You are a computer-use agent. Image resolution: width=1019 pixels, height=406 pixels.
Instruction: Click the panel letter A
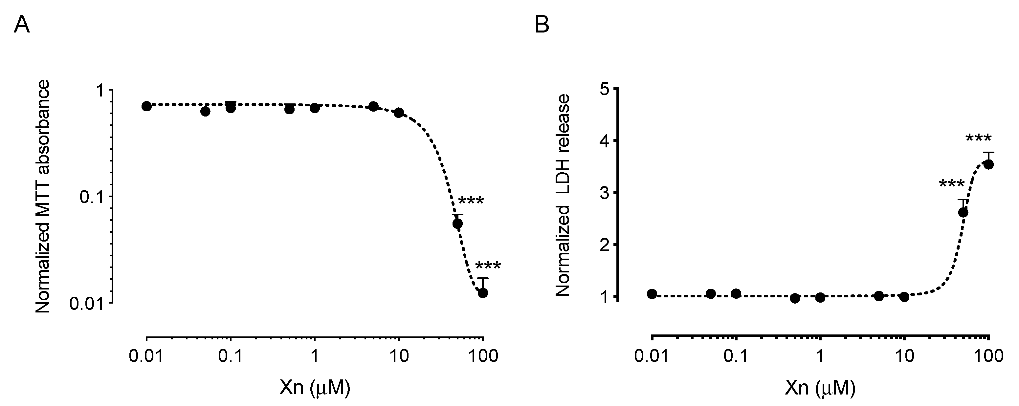coord(22,26)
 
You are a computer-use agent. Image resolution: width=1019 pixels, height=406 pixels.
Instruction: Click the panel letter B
coord(542,26)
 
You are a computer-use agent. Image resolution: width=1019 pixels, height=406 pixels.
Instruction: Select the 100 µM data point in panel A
coord(483,293)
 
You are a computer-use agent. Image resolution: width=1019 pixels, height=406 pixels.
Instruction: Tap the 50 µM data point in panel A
coord(458,224)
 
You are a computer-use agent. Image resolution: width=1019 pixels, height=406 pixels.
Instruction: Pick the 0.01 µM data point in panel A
coord(147,106)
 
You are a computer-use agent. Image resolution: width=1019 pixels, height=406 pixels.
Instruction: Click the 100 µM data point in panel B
coord(988,164)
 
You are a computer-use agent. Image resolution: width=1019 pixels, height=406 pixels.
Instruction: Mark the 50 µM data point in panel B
coord(963,212)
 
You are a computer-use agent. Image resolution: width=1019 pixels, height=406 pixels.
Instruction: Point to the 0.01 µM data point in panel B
coord(652,293)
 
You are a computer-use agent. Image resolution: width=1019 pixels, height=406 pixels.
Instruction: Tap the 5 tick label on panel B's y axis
coord(605,89)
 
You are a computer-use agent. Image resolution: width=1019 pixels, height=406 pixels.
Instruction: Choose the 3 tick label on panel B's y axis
coord(605,193)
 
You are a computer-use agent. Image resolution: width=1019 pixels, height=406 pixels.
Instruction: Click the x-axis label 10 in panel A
coord(399,356)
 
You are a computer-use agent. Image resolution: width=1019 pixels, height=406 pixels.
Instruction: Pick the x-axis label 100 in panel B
coord(988,356)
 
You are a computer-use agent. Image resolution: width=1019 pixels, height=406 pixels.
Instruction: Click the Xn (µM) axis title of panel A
coord(315,389)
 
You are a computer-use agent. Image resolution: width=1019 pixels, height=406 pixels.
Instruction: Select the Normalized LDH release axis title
coord(563,195)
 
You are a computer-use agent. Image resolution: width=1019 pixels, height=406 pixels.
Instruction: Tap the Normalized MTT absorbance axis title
coord(43,197)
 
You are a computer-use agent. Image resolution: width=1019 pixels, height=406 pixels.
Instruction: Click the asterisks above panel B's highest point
coord(979,139)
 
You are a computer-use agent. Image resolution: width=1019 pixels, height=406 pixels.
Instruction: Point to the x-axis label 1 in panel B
coord(820,356)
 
